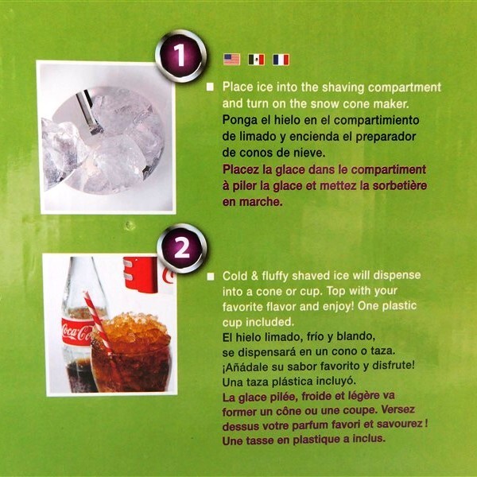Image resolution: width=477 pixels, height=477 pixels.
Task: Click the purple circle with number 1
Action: point(180,56)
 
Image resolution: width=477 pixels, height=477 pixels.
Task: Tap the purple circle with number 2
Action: point(181,249)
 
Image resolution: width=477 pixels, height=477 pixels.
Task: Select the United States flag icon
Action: point(231,60)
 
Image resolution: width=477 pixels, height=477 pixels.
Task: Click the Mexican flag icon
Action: point(256,60)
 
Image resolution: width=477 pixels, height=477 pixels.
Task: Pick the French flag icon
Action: point(281,60)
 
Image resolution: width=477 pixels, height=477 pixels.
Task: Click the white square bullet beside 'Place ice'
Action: point(210,87)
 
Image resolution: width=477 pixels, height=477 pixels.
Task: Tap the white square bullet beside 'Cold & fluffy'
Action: point(210,277)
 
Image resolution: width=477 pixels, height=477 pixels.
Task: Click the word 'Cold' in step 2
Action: point(235,276)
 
